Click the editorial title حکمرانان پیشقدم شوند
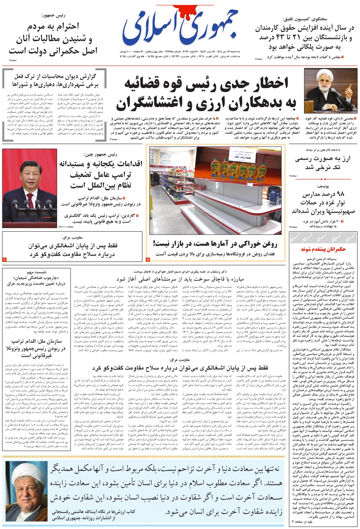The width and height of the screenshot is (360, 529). click(x=323, y=249)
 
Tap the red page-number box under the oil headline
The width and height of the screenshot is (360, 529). click(x=148, y=260)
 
